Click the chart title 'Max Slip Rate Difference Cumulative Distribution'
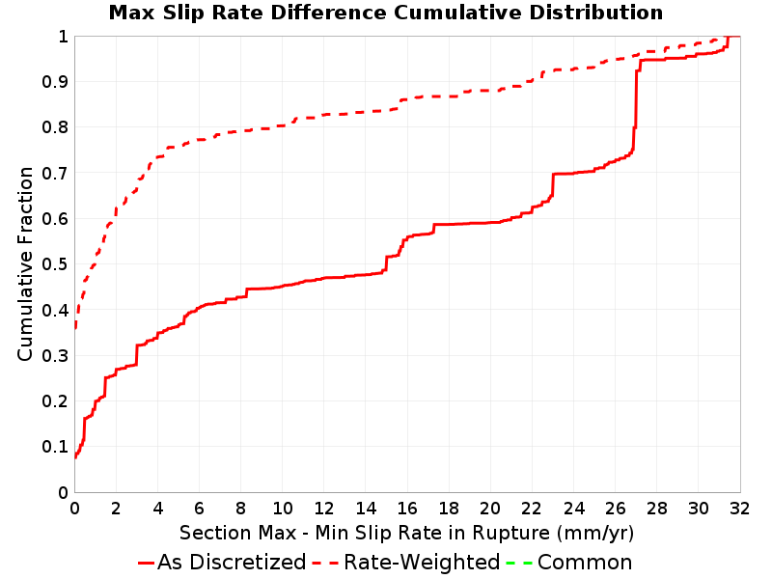pos(386,13)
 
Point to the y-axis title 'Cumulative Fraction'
pos(25,263)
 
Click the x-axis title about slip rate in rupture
pos(406,533)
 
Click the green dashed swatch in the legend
pos(519,563)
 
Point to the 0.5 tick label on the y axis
pos(55,263)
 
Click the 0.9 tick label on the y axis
pos(55,81)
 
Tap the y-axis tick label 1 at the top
pos(63,36)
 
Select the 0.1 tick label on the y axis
pos(55,447)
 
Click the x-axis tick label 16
pos(407,508)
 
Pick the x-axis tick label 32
pos(739,508)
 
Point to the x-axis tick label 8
pos(240,508)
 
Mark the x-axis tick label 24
pos(573,508)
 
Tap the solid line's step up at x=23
pos(553,184)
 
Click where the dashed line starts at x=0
pos(75,326)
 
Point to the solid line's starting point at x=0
pos(75,456)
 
